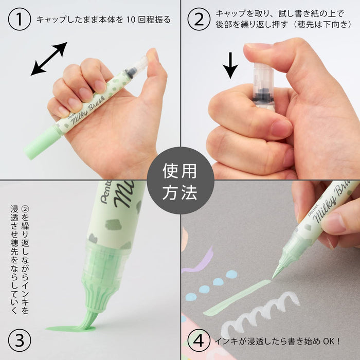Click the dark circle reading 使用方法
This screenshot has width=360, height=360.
(x=180, y=180)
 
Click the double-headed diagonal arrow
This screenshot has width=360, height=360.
(x=49, y=59)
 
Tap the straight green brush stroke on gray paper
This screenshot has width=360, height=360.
(x=237, y=298)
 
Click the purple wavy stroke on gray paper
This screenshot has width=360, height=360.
(x=198, y=260)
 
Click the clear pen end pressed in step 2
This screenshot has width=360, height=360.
(x=263, y=85)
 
